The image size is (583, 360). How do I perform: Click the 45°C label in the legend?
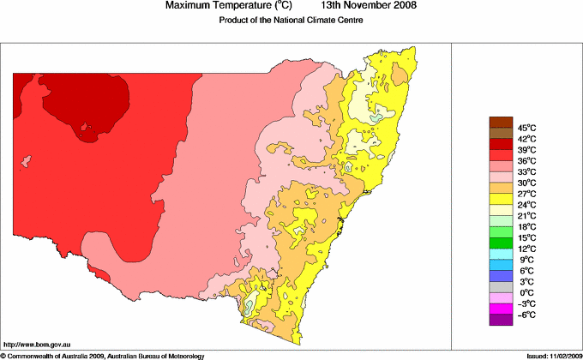tap(526, 128)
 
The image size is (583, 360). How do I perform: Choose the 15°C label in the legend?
tap(526, 237)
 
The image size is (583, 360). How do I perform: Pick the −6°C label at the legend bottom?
tap(526, 315)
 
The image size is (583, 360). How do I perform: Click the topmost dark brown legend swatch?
tap(500, 122)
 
